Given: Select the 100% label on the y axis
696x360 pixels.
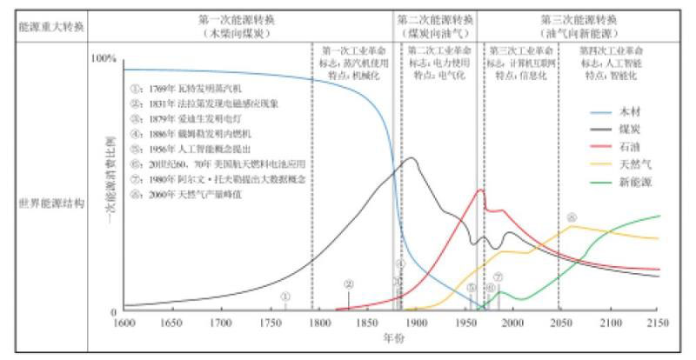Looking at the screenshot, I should (x=103, y=58).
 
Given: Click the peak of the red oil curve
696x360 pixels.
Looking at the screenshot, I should (x=481, y=190).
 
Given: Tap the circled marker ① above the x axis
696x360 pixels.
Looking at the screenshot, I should (x=284, y=297).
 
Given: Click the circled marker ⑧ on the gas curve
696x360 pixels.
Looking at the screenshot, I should (x=572, y=217).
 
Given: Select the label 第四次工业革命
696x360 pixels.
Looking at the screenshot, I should (x=608, y=50).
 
